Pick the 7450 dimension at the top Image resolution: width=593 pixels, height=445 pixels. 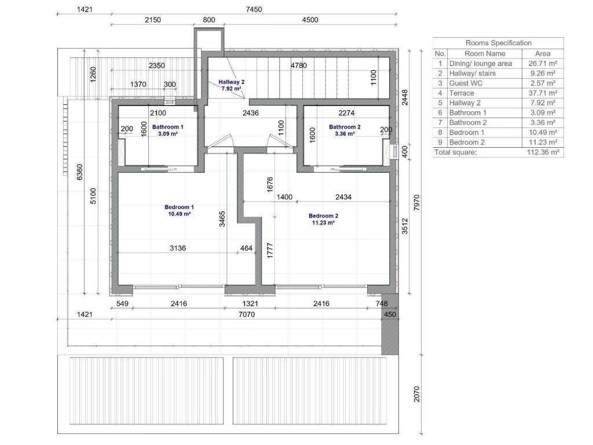tap(254, 9)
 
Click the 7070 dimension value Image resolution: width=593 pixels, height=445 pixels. tap(247, 314)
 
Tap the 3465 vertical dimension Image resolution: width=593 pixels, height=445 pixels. tap(222, 218)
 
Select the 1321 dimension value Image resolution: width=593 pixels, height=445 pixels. tap(250, 304)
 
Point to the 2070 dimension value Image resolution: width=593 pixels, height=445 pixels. tap(416, 394)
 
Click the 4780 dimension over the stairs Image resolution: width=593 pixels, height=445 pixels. tap(298, 65)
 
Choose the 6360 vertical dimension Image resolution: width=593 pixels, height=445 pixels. tap(79, 172)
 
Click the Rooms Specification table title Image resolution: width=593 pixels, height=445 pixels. tap(498, 43)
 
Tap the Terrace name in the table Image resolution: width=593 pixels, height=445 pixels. tap(462, 93)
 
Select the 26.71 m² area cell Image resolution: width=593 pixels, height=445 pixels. tap(543, 64)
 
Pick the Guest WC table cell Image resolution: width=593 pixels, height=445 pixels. tap(466, 83)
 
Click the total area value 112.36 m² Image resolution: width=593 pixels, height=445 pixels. tap(543, 152)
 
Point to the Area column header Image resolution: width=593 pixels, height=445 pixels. tap(543, 54)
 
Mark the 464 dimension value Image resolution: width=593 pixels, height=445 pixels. tap(246, 248)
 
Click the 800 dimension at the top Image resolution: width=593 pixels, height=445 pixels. tap(208, 20)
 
